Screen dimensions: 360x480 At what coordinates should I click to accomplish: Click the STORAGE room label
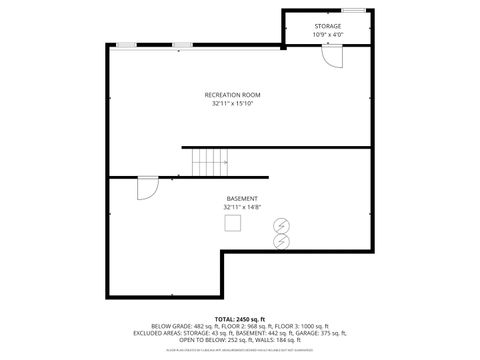pos(327,25)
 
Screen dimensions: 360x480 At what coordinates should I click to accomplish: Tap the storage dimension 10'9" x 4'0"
pos(327,34)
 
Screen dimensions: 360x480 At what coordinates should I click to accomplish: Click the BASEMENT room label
pos(242,198)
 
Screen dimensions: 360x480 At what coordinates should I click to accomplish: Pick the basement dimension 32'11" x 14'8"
pos(242,207)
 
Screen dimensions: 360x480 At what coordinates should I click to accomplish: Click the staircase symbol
pos(211,160)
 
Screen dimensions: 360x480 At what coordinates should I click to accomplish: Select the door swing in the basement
pos(147,188)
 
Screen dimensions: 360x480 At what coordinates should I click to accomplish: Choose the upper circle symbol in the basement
pos(281,225)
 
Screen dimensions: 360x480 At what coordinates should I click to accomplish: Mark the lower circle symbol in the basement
pos(281,240)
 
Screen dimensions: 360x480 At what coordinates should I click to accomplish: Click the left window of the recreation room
pos(127,46)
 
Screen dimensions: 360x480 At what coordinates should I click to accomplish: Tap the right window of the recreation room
pos(183,46)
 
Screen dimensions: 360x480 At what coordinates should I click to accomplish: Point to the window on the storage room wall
pos(353,10)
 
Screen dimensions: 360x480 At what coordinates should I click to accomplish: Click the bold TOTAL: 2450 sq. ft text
pos(240,318)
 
